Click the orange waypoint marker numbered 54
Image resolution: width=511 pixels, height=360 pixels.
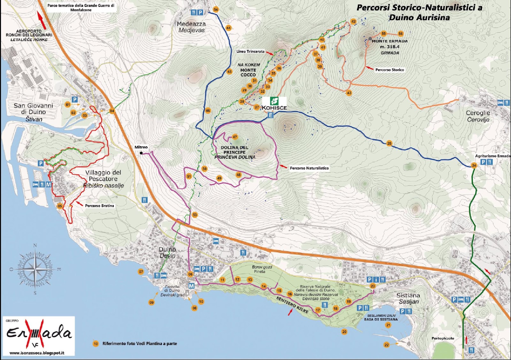pos(216,10)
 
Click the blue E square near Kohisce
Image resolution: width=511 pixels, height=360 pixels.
pos(271,115)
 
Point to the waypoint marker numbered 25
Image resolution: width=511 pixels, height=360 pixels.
pos(389,143)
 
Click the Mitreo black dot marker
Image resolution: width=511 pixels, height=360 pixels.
pos(141,153)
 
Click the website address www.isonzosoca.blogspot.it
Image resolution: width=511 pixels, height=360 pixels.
pos(37,353)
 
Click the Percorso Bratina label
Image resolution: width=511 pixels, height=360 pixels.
pos(99,206)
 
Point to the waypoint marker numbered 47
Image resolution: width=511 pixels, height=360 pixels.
pos(235,137)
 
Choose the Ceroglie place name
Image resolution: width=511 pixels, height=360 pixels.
pos(478,116)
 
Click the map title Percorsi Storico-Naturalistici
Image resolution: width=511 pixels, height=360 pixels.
pos(419,12)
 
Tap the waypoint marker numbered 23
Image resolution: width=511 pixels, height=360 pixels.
pos(373,286)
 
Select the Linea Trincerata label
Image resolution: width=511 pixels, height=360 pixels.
pos(250,51)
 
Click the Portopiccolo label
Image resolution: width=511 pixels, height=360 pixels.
pos(443,338)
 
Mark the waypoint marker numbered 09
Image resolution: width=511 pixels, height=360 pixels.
pos(151,302)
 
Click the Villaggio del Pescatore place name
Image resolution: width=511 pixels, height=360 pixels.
pos(103,179)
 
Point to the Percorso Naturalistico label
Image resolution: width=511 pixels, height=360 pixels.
pos(309,168)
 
